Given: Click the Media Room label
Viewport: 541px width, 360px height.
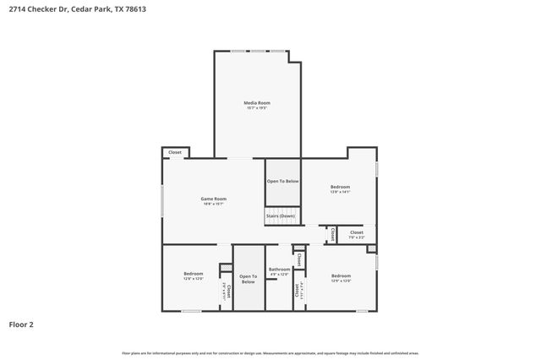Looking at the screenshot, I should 258,102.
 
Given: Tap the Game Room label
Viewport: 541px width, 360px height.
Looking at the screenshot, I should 213,199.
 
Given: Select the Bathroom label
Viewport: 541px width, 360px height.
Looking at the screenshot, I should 279,270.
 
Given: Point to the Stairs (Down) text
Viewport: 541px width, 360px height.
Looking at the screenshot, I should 281,216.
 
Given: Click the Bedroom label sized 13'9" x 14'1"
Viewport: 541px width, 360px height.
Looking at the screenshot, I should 340,187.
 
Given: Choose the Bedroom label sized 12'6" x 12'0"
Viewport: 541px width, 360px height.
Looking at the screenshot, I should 194,273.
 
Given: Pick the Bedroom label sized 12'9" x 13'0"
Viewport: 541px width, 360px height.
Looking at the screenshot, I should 341,275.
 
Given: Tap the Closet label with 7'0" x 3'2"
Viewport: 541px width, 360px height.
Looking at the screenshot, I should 356,232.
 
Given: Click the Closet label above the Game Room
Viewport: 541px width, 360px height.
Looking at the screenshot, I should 175,152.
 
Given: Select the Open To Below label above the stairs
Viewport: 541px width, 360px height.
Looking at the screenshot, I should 283,181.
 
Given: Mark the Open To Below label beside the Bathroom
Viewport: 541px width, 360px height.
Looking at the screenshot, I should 248,278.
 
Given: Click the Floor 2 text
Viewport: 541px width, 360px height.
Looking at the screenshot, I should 21,324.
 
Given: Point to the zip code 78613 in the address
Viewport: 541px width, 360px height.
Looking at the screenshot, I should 127,9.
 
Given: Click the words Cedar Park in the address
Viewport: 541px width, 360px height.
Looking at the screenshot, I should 88,9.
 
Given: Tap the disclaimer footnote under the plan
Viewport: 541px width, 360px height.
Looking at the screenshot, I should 270,352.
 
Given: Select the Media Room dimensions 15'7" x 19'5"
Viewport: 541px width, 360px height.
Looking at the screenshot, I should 258,107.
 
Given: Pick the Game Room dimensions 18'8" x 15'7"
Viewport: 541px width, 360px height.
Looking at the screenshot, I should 213,204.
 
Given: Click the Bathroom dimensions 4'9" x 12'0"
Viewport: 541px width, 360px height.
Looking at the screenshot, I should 279,275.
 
